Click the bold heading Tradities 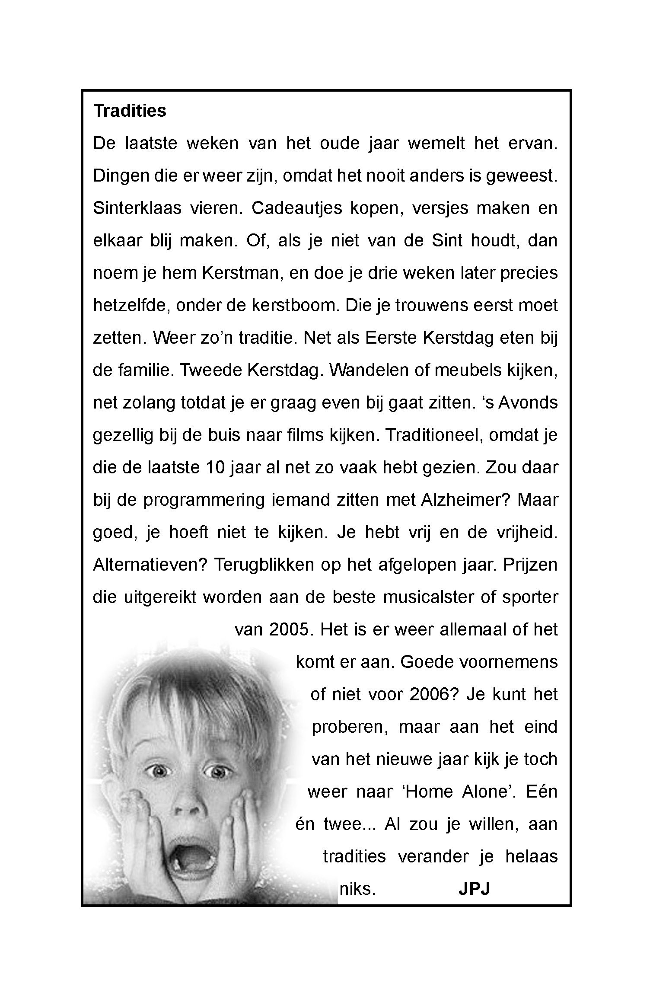pos(130,111)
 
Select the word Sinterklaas pos(137,208)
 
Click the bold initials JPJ pos(474,889)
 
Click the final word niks pos(356,889)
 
